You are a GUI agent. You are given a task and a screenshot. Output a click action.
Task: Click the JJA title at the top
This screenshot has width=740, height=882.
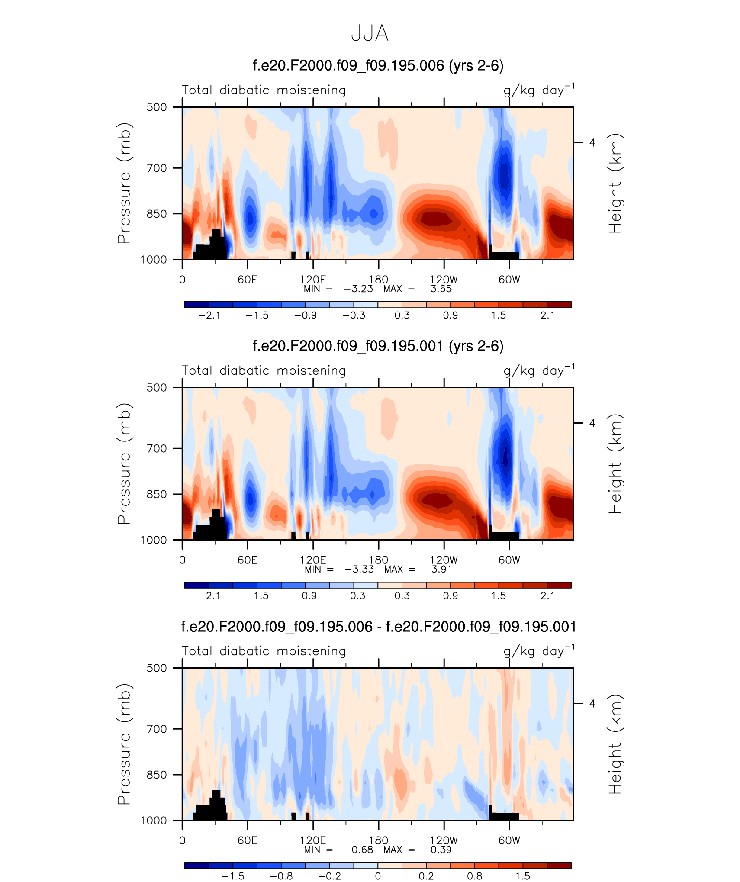(x=370, y=34)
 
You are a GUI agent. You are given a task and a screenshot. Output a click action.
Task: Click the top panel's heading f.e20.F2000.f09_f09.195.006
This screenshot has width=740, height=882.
(x=378, y=66)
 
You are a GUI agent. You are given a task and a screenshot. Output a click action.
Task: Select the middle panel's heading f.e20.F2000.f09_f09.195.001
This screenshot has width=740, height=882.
(x=378, y=346)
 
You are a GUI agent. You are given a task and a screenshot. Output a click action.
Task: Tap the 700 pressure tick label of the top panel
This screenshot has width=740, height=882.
(x=157, y=168)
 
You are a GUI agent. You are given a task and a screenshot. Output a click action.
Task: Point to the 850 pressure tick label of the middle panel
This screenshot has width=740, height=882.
(x=157, y=494)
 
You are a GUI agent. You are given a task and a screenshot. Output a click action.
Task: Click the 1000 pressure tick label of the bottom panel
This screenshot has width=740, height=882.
(x=154, y=821)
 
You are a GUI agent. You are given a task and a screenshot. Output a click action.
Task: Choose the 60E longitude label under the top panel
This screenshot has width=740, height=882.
(x=248, y=280)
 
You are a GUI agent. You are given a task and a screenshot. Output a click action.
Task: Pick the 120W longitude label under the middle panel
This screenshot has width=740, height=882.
(x=444, y=560)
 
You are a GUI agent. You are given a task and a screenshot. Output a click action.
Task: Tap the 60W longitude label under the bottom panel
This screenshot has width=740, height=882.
(x=509, y=840)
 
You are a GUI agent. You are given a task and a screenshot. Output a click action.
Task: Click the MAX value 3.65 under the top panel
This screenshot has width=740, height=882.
(x=441, y=289)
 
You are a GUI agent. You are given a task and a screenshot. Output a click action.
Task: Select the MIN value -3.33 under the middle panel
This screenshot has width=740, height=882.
(x=359, y=570)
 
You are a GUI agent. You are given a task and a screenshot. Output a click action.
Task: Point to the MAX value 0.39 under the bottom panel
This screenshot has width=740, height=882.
(x=441, y=850)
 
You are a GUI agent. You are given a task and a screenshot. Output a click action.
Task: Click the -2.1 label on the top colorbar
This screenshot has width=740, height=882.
(x=209, y=315)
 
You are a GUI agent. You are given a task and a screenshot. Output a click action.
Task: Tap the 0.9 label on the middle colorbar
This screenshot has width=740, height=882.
(x=450, y=596)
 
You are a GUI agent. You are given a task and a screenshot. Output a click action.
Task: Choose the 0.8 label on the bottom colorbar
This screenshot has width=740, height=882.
(x=474, y=876)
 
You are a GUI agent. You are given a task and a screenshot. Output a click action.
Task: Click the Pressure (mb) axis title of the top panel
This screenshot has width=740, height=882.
(x=124, y=183)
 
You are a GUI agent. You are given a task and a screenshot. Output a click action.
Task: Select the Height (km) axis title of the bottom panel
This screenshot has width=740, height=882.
(x=615, y=744)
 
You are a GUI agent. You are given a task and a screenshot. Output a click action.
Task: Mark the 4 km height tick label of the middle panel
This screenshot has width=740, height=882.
(x=592, y=423)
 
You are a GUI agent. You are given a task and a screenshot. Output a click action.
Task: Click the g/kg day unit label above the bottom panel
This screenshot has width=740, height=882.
(x=539, y=651)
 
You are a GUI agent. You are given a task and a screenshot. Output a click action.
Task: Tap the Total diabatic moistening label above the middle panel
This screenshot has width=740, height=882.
(x=264, y=371)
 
